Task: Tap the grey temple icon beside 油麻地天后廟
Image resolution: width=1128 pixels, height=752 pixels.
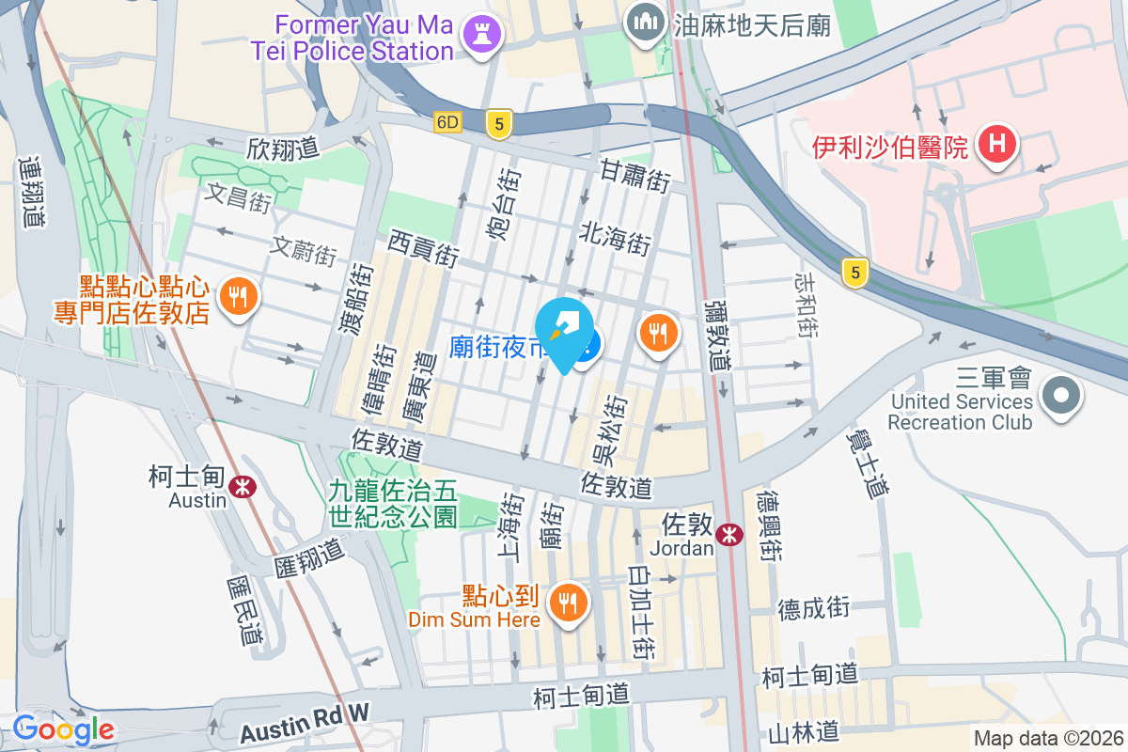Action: pos(645,23)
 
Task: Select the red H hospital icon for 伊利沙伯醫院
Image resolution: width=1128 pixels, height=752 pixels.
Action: pos(997,145)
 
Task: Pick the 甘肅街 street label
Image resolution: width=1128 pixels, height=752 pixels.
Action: pos(635,176)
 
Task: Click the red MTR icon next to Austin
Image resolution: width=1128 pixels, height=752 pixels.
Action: pos(243,486)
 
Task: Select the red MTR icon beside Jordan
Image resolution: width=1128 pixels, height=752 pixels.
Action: pos(728,534)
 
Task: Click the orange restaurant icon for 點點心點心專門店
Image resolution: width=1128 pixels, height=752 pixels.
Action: pos(234,297)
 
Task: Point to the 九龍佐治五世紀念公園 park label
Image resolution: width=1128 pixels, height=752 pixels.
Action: pos(392,503)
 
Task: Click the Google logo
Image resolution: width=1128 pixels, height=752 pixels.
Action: pos(63,729)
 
